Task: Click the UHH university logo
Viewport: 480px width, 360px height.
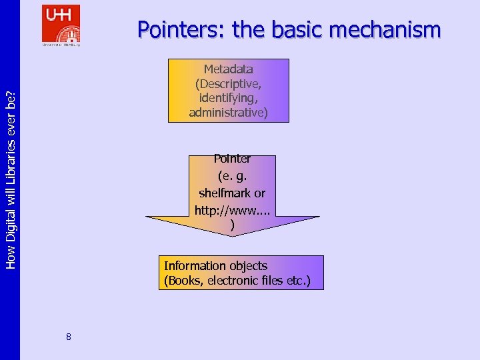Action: (61, 25)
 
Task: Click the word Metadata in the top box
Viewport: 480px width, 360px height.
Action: (228, 69)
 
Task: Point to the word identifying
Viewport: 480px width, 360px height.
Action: (228, 98)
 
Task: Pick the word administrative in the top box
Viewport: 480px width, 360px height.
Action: (228, 113)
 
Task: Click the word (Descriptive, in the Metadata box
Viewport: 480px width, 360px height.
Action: (228, 84)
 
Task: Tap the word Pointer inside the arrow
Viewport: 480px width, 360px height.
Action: (232, 159)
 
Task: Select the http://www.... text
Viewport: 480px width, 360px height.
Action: (231, 210)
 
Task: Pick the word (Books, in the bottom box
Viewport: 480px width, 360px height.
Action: (184, 281)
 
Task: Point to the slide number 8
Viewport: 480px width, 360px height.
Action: (69, 337)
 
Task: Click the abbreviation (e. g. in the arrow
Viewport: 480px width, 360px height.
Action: (232, 176)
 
